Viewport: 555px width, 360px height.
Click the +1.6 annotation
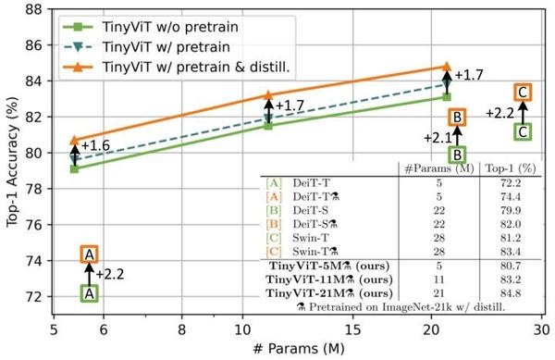[95, 145]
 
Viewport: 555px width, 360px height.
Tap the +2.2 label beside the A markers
[109, 274]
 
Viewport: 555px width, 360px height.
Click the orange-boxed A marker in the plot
[89, 254]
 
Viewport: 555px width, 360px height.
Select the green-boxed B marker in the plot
[457, 155]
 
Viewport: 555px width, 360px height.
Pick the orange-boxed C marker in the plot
[523, 92]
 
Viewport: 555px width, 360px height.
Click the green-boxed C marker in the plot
[523, 131]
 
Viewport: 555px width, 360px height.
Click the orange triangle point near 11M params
[268, 95]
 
